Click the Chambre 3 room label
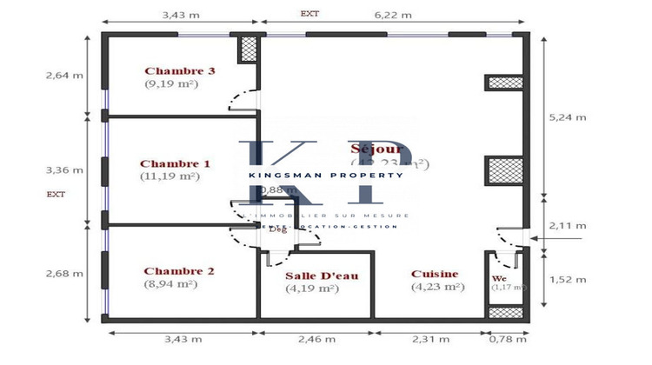[x=179, y=71]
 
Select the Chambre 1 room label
[x=175, y=163]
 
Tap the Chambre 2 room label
[x=179, y=271]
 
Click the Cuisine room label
[x=435, y=274]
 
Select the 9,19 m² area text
[x=172, y=84]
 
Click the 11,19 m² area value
[x=170, y=176]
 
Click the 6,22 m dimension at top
[x=392, y=15]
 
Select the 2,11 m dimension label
[x=568, y=226]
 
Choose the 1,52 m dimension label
[x=568, y=279]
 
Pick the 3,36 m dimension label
[x=64, y=169]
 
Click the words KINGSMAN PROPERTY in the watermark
[x=326, y=175]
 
